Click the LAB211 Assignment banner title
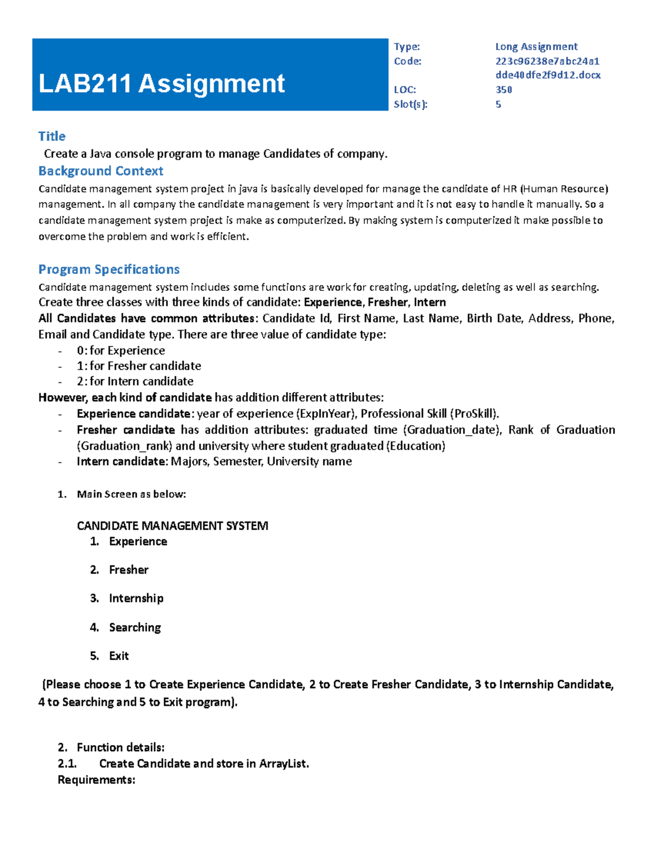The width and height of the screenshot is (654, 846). pos(161,84)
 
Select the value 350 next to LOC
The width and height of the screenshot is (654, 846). pos(503,90)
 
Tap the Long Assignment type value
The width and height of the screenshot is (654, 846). pos(536,47)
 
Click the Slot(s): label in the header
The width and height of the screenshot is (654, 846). pos(410,105)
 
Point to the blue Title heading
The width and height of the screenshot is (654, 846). pos(52,136)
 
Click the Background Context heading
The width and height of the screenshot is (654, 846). pos(101,171)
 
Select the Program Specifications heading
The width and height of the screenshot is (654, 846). pos(109,270)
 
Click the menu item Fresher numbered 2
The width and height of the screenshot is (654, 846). pos(129,570)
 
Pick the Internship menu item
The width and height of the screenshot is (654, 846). pos(136,598)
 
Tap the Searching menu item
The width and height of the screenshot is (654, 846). pos(135,628)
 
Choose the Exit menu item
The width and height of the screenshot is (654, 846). pos(119,656)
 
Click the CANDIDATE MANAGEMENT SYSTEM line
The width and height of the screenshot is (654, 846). pos(172,526)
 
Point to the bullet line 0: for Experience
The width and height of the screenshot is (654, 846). pos(120,350)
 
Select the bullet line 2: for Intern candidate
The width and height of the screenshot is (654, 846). pos(135,381)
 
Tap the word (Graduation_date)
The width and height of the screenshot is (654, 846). pos(452,430)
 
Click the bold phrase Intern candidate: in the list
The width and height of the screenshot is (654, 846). pos(122,461)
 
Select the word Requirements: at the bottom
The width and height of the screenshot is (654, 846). pos(96,780)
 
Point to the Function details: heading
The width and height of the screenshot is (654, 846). pos(120,747)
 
